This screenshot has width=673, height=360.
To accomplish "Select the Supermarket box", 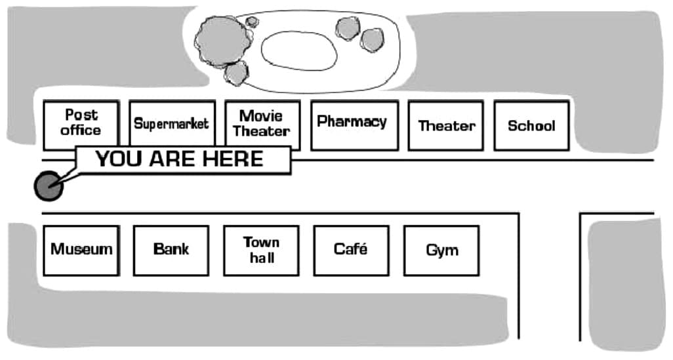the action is click(172, 123).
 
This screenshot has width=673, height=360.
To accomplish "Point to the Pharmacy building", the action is click(354, 125).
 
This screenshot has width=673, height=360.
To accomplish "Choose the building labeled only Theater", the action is click(445, 125).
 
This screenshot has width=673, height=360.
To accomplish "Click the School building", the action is click(532, 125).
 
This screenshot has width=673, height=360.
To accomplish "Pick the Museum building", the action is click(81, 250).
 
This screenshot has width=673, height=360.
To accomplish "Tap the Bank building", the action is click(171, 250).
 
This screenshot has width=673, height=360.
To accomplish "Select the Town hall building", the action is click(261, 250).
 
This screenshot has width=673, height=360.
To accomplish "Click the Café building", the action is click(352, 250).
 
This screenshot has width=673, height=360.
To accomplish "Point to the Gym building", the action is click(441, 250).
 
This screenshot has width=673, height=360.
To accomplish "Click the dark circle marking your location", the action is click(49, 186).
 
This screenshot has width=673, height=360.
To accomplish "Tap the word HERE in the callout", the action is click(233, 159).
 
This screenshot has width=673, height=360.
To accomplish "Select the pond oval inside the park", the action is click(298, 50).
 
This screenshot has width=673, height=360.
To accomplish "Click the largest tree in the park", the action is click(223, 41).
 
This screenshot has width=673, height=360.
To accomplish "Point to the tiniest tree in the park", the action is click(252, 22).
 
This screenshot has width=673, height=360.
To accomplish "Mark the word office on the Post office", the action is click(81, 130).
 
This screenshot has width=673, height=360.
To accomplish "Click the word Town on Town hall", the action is click(261, 243).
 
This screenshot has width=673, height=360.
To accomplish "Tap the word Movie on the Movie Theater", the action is click(261, 116).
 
